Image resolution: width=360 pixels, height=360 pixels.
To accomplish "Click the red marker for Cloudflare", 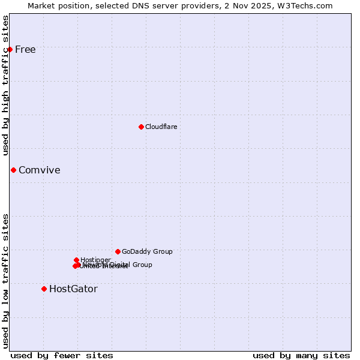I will [141, 127].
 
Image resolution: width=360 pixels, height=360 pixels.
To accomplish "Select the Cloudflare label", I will [161, 127].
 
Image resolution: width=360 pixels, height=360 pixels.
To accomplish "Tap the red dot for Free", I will [10, 49].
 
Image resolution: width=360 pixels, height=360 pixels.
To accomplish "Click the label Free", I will [25, 49].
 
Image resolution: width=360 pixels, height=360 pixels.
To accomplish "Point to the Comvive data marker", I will [13, 170].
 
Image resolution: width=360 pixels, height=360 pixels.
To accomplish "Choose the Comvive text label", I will [40, 170].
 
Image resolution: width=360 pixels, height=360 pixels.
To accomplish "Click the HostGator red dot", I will [44, 289].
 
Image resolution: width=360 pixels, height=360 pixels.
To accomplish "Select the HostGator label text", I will [73, 289].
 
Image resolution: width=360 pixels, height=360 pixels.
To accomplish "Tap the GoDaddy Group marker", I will [118, 251].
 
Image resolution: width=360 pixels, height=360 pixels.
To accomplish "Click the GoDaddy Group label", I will [147, 251].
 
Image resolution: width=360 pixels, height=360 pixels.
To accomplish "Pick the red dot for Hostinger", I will [76, 260].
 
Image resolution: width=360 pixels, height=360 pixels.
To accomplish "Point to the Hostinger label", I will [95, 260].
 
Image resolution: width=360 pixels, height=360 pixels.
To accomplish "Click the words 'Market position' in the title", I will [56, 5].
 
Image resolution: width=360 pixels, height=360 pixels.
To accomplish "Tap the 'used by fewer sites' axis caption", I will [62, 355].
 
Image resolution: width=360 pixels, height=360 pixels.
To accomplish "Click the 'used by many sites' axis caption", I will [301, 355].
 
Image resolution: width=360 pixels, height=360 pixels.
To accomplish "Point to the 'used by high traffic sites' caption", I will [6, 85].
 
